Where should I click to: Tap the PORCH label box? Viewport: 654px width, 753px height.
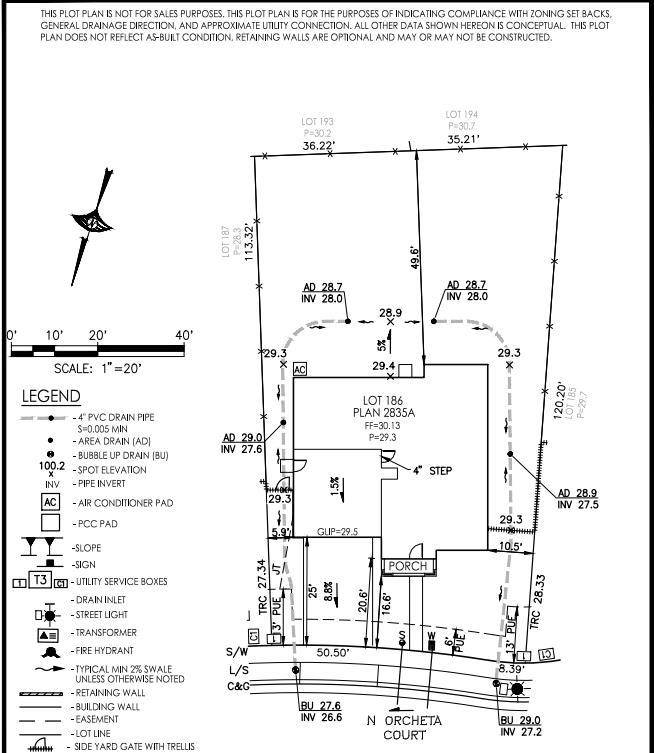pyautogui.click(x=408, y=566)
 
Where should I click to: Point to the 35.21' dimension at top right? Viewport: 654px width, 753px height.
pyautogui.click(x=465, y=140)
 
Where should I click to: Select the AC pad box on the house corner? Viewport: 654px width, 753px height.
pyautogui.click(x=299, y=369)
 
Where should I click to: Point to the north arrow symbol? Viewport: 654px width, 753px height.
pyautogui.click(x=91, y=226)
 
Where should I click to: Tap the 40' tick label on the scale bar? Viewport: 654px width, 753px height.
pyautogui.click(x=183, y=334)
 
